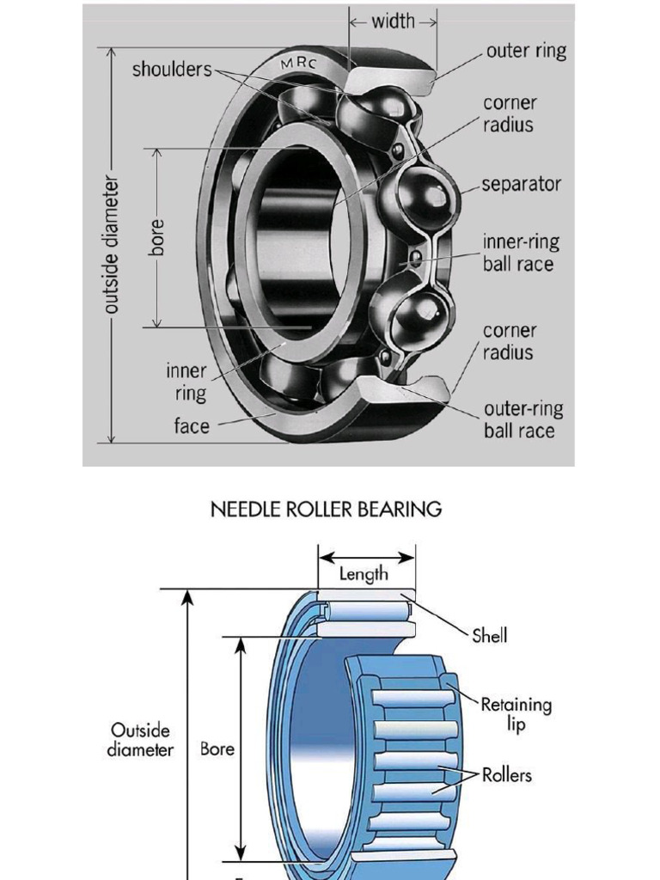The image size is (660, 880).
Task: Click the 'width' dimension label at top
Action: (393, 21)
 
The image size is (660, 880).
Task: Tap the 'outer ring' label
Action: (526, 51)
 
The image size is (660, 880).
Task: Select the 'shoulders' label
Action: (171, 70)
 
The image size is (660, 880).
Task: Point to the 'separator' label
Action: (521, 184)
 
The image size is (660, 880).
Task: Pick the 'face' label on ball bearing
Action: (192, 425)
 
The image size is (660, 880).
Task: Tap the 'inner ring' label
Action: (186, 382)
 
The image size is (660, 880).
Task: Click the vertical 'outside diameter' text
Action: (110, 245)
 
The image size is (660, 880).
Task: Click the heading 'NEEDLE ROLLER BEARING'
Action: (327, 509)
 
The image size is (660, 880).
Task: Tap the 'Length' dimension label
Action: (364, 573)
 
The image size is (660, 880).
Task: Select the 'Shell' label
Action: (490, 636)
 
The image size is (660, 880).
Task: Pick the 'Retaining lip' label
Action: (516, 713)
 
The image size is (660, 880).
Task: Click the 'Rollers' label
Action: (507, 775)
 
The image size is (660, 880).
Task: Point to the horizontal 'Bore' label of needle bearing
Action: (217, 749)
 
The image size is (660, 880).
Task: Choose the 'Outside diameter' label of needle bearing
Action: (140, 739)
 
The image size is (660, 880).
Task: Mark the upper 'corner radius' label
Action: (509, 113)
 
